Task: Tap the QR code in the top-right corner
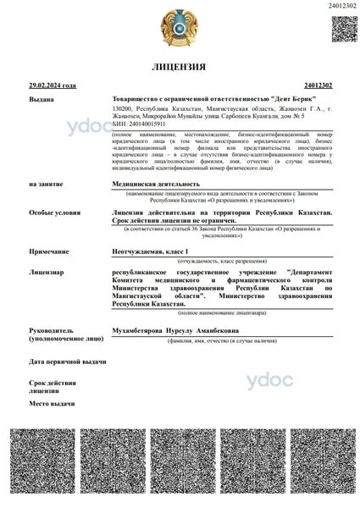tap(341, 28)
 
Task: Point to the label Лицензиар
tap(47, 273)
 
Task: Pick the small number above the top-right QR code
tap(341, 7)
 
